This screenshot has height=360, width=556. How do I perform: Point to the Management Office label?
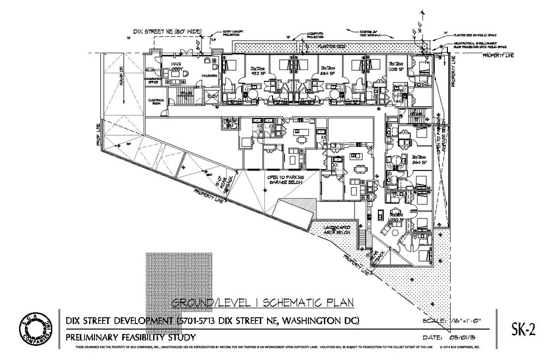151,80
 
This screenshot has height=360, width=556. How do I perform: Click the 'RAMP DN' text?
122,75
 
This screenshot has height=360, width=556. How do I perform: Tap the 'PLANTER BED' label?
332,47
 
